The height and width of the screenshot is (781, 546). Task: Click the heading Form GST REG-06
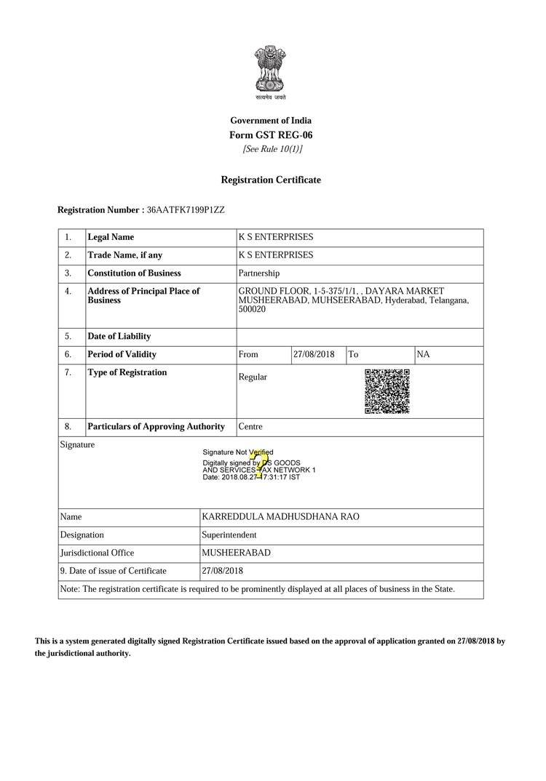[x=271, y=135]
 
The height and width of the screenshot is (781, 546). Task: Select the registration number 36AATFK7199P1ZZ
[x=186, y=210]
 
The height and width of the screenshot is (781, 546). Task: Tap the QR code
[x=387, y=392]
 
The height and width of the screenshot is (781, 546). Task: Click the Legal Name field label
[x=111, y=237]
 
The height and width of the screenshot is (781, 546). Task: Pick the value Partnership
[x=258, y=273]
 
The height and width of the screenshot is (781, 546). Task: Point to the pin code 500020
[x=252, y=310]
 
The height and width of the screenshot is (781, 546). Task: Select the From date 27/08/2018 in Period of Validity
[x=314, y=354]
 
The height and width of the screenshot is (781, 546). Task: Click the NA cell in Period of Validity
[x=423, y=354]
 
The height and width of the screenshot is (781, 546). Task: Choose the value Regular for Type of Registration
[x=253, y=377]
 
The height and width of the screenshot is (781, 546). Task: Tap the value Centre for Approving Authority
[x=250, y=427]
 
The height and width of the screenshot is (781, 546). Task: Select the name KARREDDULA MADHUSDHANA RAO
[x=280, y=517]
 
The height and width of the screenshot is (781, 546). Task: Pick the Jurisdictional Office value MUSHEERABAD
[x=236, y=553]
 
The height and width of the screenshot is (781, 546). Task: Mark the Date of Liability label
[x=119, y=337]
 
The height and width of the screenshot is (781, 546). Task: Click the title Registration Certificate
[x=271, y=180]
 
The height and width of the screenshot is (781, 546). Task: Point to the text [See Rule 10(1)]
[x=272, y=149]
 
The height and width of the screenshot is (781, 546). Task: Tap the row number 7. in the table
[x=68, y=372]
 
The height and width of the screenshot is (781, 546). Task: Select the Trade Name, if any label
[x=124, y=255]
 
